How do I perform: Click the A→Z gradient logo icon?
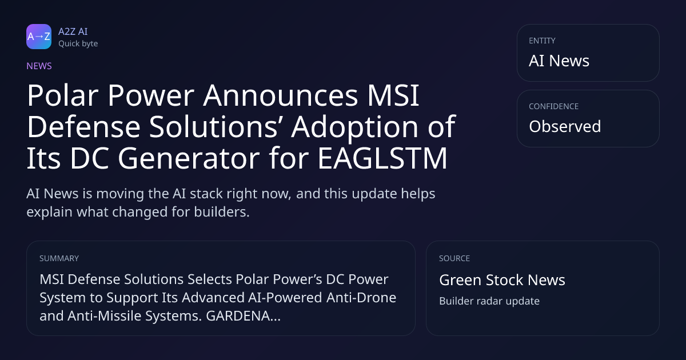click(x=39, y=37)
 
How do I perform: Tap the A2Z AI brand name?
click(x=73, y=31)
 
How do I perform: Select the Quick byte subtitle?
click(x=78, y=44)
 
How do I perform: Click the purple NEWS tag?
click(x=39, y=66)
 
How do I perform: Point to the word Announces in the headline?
click(x=280, y=95)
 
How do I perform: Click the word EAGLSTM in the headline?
click(x=382, y=158)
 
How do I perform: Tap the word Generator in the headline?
click(x=189, y=158)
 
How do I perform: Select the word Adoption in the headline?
click(x=354, y=127)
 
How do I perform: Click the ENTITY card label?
click(x=542, y=41)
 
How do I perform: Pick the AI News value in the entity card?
click(x=559, y=61)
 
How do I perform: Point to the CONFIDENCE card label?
click(x=554, y=106)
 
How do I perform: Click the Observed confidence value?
click(x=565, y=126)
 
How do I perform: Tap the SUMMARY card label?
click(x=59, y=258)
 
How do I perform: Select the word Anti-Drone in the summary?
click(x=361, y=298)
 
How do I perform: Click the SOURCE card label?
click(x=454, y=258)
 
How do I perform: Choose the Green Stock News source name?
click(x=502, y=280)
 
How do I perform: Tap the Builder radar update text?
click(x=489, y=301)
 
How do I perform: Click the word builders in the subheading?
click(x=222, y=212)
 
